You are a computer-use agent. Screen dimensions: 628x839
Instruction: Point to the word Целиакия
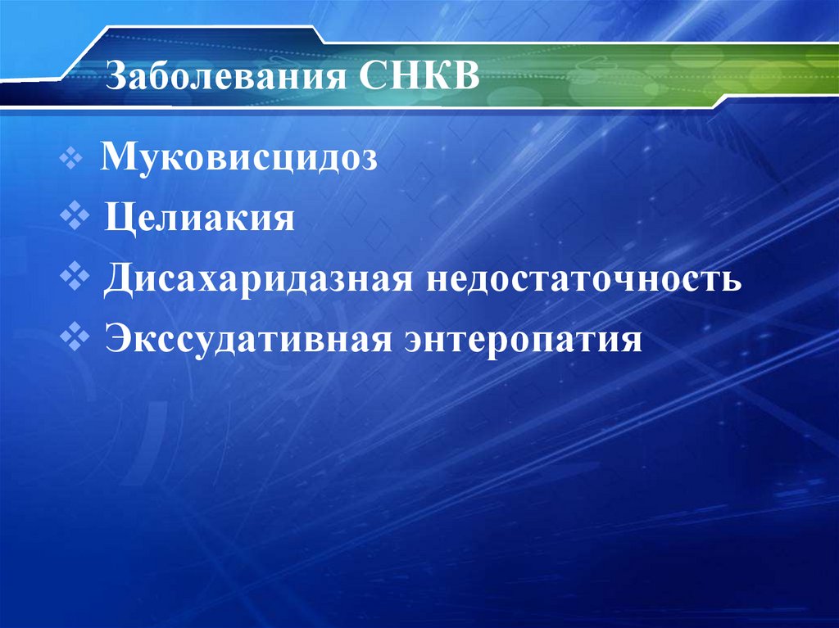point(199,219)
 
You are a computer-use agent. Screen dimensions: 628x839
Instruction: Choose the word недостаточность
point(584,280)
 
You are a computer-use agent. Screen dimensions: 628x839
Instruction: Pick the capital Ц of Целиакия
point(116,219)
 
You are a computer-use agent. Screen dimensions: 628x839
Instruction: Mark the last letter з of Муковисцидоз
point(371,160)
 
